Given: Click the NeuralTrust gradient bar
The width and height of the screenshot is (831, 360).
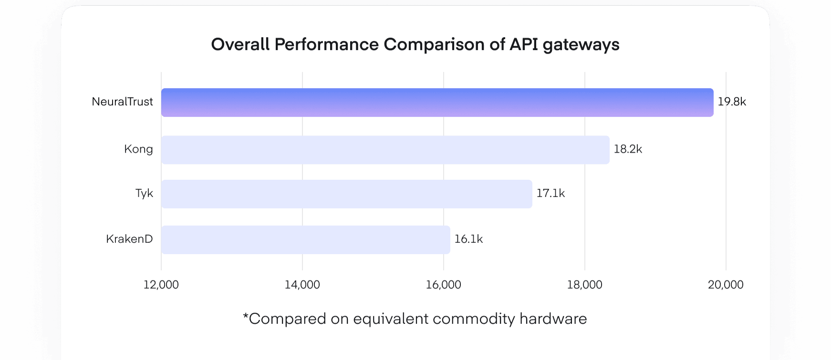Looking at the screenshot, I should click(437, 103).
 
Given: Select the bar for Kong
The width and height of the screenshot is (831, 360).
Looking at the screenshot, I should click(385, 150).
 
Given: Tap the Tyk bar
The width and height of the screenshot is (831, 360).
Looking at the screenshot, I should click(346, 194).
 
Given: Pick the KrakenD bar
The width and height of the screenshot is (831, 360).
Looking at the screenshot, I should click(305, 240).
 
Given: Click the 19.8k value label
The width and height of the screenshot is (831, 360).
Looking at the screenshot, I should click(732, 102).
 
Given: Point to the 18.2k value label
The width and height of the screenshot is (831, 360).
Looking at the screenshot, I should click(628, 149).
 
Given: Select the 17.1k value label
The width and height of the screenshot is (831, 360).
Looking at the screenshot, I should click(551, 193).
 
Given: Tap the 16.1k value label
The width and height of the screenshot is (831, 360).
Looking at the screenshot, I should click(468, 239).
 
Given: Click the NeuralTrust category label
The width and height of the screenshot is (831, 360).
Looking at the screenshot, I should click(122, 102).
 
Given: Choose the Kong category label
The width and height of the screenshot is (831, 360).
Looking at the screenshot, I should click(138, 149).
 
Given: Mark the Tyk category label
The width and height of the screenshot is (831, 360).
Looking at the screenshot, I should click(144, 193).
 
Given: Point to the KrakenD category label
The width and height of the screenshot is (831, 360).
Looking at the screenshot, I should click(129, 239).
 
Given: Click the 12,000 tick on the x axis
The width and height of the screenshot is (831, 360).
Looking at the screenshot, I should click(161, 285).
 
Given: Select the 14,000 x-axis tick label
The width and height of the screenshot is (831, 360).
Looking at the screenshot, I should click(302, 285).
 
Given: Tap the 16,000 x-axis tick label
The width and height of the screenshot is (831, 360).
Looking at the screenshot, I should click(444, 285).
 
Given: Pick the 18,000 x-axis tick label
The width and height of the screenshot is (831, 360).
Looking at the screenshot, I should click(585, 285).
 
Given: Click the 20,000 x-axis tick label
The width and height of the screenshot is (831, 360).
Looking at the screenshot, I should click(726, 285).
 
